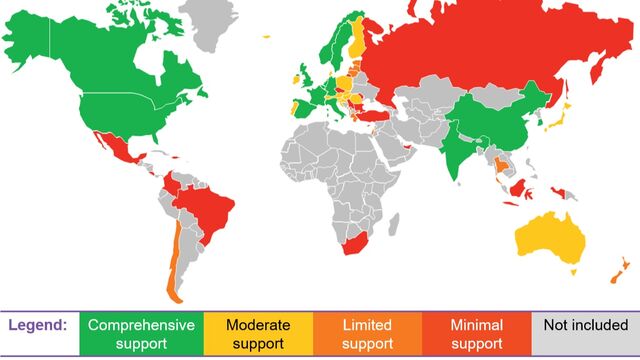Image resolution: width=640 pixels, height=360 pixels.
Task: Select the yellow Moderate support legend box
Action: tap(258, 334)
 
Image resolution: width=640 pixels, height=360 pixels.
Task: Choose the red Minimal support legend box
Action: tap(478, 334)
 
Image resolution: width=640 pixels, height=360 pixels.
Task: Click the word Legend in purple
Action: tap(38, 325)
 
